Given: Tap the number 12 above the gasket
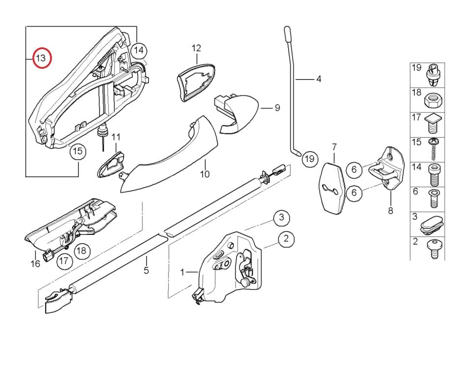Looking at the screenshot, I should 196,48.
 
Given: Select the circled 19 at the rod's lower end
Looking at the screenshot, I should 309,159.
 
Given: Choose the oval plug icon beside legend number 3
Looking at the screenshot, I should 433,223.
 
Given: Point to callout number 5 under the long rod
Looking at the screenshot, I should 146,270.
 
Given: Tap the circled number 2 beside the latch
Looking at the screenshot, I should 286,240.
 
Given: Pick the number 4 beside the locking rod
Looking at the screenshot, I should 319,79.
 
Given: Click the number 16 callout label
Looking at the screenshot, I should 35,264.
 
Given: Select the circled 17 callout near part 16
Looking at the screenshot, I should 63,261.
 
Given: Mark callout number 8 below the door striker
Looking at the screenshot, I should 391,211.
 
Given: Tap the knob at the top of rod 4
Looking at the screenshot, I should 287,34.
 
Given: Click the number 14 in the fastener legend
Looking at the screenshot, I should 416,167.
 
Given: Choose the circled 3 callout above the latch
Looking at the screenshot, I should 281,217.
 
